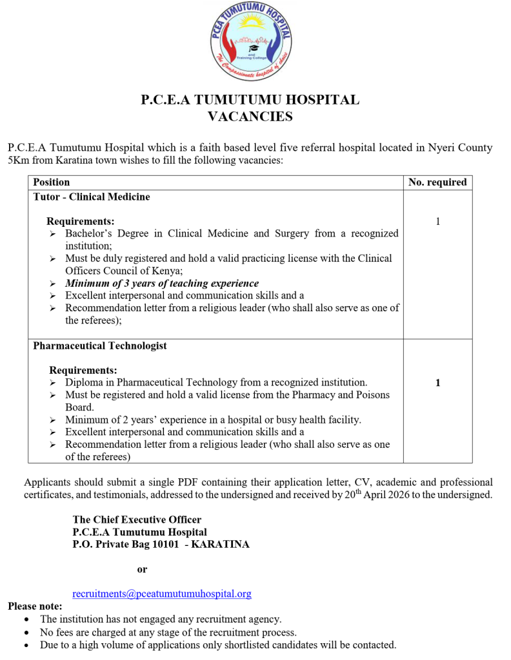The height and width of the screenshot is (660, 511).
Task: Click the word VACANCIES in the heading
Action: pyautogui.click(x=250, y=117)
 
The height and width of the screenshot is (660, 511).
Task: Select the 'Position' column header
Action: pyautogui.click(x=52, y=182)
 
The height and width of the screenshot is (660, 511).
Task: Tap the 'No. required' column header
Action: pyautogui.click(x=437, y=182)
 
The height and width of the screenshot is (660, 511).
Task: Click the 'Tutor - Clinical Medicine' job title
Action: pyautogui.click(x=92, y=197)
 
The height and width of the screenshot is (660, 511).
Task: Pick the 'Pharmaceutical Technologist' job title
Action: pyautogui.click(x=100, y=346)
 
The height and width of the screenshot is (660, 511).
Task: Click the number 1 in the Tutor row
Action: pyautogui.click(x=437, y=222)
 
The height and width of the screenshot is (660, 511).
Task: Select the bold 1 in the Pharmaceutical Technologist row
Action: pyautogui.click(x=437, y=383)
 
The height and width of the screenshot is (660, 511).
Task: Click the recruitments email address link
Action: pyautogui.click(x=162, y=594)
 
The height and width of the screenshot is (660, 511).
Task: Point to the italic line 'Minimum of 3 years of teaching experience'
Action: pyautogui.click(x=162, y=284)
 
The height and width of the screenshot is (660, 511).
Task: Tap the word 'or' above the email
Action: pyautogui.click(x=142, y=569)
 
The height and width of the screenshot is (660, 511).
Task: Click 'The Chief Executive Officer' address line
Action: pyautogui.click(x=137, y=519)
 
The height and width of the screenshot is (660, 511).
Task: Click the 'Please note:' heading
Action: pyautogui.click(x=35, y=606)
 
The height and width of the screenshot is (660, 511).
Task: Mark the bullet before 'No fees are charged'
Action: pyautogui.click(x=26, y=632)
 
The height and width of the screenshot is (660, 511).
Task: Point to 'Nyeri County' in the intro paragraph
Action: pyautogui.click(x=460, y=148)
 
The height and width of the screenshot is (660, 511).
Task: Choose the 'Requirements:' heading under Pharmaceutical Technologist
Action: pyautogui.click(x=83, y=371)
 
